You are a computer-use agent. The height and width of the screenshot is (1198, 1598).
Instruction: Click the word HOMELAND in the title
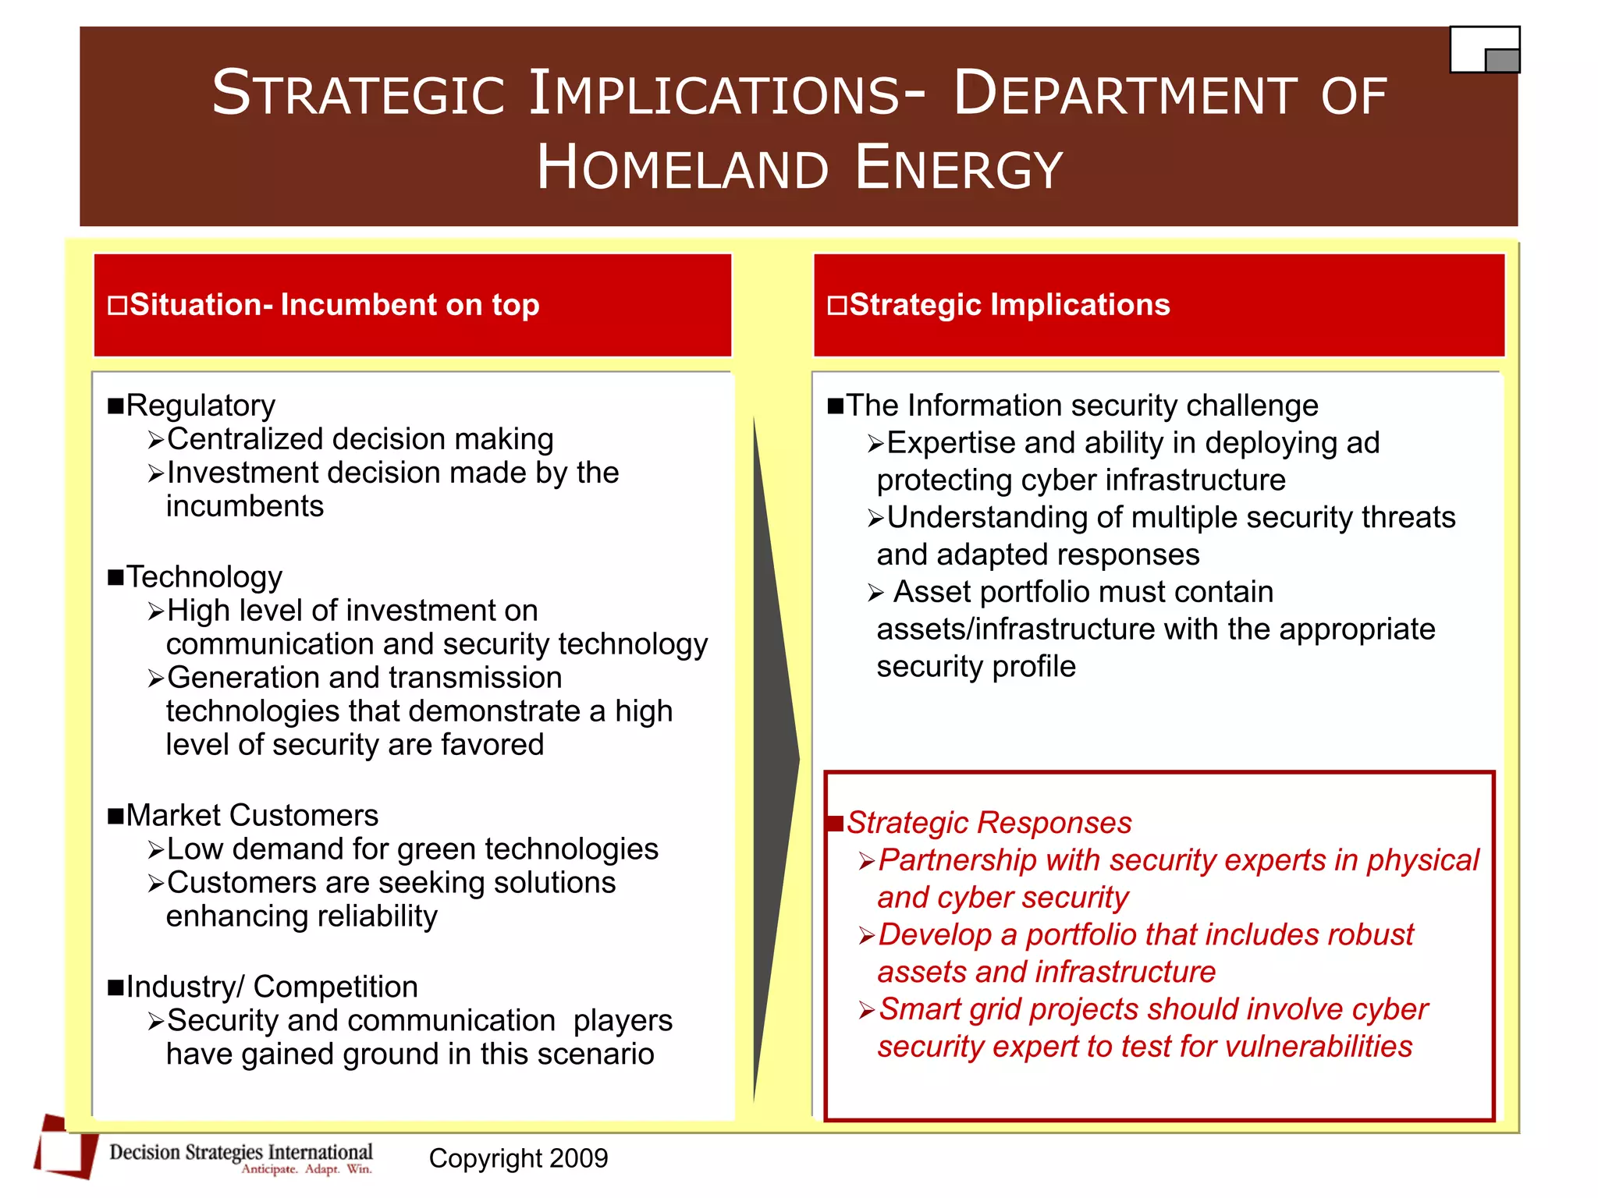coord(681,168)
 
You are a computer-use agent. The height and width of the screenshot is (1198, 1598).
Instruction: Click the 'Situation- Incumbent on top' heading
coord(334,305)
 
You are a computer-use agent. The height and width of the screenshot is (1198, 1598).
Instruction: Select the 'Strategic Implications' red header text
coord(1009,305)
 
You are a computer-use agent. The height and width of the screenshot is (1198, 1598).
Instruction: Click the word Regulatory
coord(201,406)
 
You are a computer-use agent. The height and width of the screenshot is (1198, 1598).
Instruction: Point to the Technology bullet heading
coord(204,577)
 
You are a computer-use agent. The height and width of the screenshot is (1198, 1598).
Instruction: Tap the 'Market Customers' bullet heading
coord(251,816)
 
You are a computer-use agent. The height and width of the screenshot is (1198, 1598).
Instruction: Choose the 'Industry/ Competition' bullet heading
coord(272,987)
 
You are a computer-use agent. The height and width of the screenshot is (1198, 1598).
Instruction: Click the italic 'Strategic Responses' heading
coord(989,823)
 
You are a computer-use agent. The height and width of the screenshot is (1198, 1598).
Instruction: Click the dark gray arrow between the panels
coord(774,757)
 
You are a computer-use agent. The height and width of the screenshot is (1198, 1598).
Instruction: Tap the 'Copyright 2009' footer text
coord(518,1158)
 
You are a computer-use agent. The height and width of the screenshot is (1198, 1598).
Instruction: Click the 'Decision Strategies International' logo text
coord(240,1152)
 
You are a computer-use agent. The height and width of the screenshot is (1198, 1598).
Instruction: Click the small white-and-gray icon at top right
coord(1484,50)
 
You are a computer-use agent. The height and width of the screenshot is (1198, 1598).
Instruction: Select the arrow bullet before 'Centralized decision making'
coord(156,441)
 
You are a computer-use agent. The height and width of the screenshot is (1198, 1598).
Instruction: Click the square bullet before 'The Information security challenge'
coord(836,406)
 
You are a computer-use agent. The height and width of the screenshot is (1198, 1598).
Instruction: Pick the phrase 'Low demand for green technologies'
coord(412,849)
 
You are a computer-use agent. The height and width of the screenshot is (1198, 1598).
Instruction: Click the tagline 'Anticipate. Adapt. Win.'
coord(307,1169)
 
